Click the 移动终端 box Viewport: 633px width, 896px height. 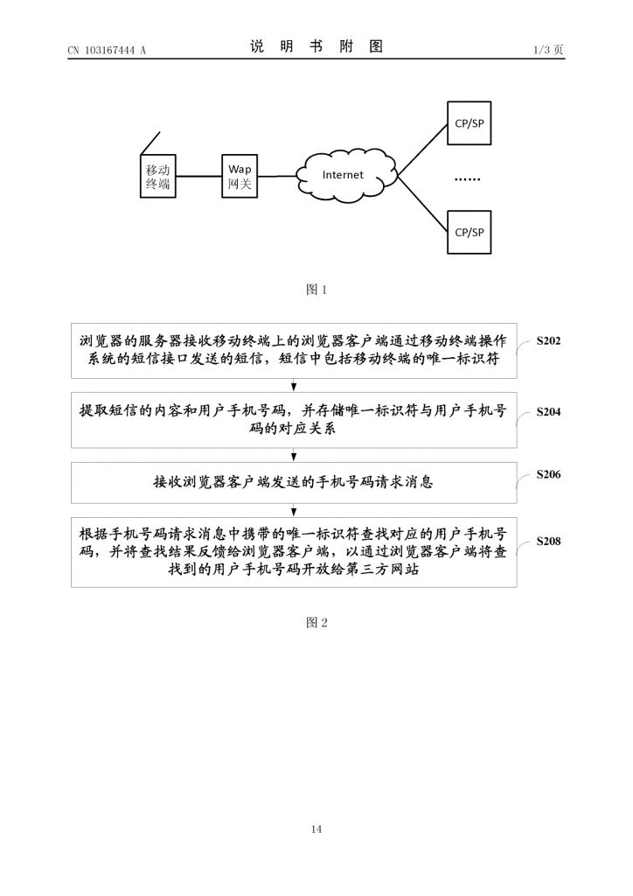[x=157, y=177]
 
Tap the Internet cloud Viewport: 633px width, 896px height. [x=342, y=175]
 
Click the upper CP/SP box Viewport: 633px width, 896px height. [x=469, y=123]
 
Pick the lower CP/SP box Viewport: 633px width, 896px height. [x=469, y=232]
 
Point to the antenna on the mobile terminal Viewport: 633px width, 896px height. [x=150, y=143]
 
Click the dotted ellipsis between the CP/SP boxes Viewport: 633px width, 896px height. [x=468, y=178]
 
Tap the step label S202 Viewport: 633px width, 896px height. [x=548, y=341]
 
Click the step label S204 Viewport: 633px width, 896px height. [x=548, y=410]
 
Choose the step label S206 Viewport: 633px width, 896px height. [x=548, y=474]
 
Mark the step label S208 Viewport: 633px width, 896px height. [x=548, y=542]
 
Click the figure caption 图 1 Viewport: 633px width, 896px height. [x=316, y=290]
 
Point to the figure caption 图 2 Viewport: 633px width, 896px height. [x=316, y=622]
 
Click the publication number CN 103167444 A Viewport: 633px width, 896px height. [x=107, y=51]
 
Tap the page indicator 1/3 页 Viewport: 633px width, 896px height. [x=548, y=51]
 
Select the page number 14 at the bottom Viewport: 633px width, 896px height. [x=316, y=829]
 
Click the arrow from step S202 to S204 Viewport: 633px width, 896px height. [x=294, y=386]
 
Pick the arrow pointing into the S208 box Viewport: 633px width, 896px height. [x=294, y=510]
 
